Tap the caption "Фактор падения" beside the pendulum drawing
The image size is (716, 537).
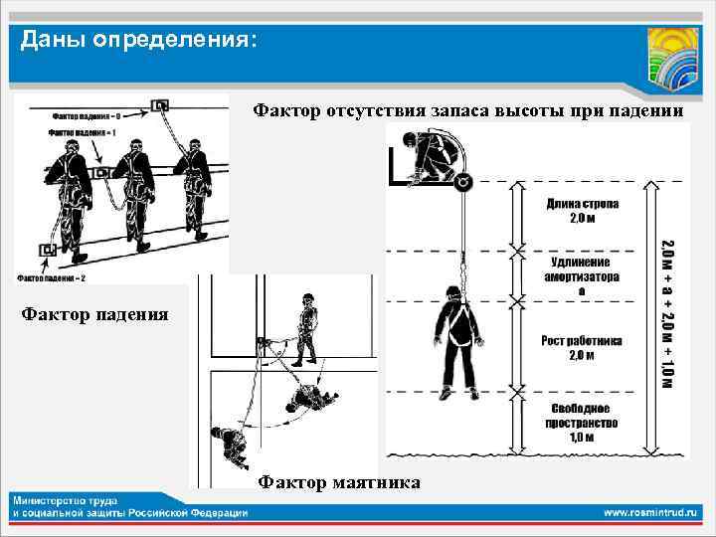pos(95,315)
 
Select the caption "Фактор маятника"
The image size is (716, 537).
pos(338,482)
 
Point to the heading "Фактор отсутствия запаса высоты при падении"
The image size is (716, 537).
pos(467,110)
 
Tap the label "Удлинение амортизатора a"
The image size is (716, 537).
pos(582,274)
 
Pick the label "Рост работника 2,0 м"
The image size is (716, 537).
pos(582,347)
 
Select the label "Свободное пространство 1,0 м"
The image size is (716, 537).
pos(582,422)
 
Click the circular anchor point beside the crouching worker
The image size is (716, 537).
pos(462,182)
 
